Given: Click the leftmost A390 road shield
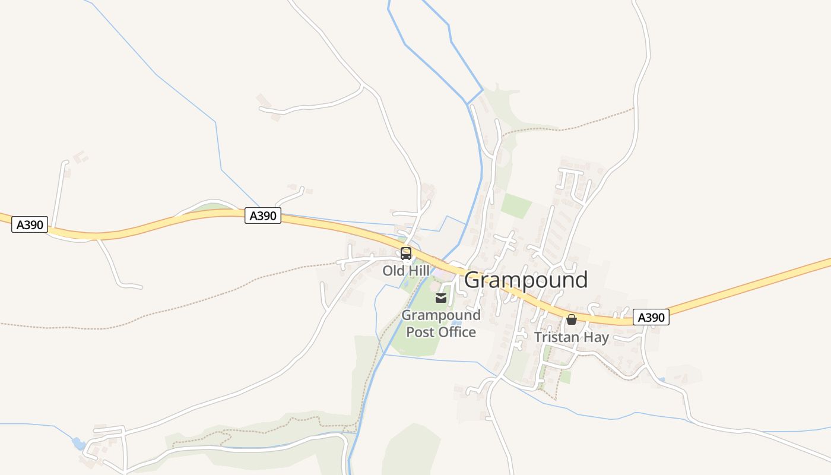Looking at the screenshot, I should [30, 224].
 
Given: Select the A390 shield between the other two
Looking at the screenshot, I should [262, 216].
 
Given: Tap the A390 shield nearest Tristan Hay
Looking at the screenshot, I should [651, 318].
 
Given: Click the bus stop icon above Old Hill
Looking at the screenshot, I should [406, 254].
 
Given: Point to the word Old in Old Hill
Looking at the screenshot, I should [392, 271].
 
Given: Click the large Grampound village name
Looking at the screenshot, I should [526, 280].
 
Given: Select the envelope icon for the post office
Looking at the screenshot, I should [441, 298].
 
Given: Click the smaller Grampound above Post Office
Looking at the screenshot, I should [441, 315].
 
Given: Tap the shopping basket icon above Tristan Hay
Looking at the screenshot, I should [572, 320].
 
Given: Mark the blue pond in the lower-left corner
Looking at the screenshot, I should [78, 443].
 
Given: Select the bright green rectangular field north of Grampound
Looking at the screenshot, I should [516, 205].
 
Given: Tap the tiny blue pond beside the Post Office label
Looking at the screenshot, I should [456, 322].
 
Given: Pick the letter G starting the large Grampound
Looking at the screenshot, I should [472, 280].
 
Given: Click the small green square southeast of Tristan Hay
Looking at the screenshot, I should [565, 376].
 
